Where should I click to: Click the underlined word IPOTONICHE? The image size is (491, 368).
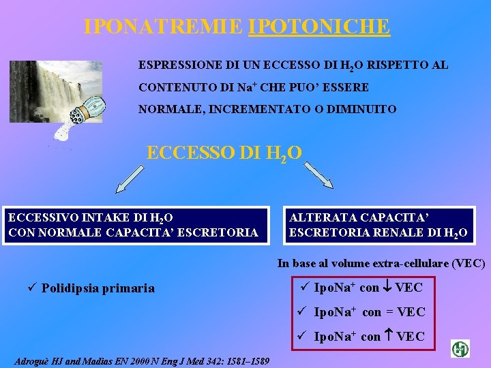(x=319, y=27)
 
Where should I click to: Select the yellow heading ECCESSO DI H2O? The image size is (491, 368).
(x=224, y=152)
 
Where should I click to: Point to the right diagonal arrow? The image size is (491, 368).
(x=318, y=176)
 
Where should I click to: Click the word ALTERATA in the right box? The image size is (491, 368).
(x=316, y=219)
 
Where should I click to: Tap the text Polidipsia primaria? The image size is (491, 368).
(x=98, y=288)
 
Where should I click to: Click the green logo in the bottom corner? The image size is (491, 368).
(x=460, y=349)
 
